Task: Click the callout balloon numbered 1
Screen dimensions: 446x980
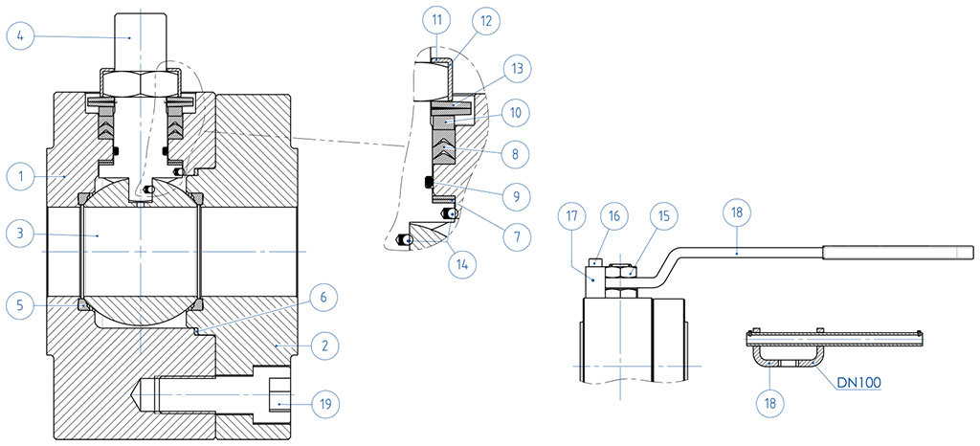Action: [x=19, y=176]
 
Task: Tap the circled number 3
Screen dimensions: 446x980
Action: [x=19, y=233]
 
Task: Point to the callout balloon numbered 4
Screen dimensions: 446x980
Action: [x=19, y=36]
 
